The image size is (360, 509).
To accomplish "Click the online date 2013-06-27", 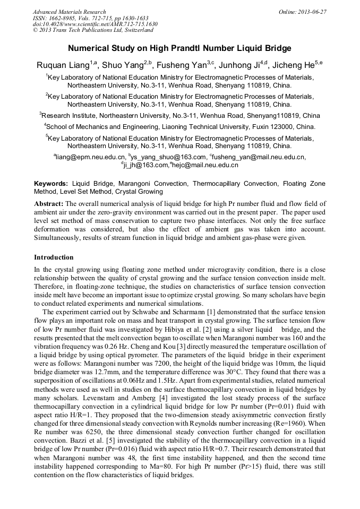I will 312,12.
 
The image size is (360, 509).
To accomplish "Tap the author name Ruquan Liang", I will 63,65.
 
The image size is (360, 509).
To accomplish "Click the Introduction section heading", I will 54,257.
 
